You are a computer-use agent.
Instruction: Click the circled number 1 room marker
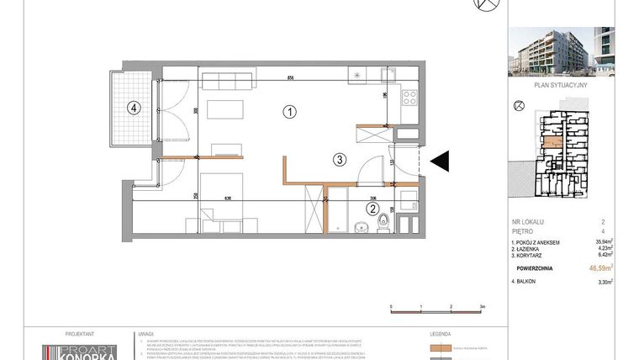288,111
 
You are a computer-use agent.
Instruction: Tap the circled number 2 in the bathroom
371,210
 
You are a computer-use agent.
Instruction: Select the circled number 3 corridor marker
338,158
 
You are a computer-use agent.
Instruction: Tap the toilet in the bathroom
383,220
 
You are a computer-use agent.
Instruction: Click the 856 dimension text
289,78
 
